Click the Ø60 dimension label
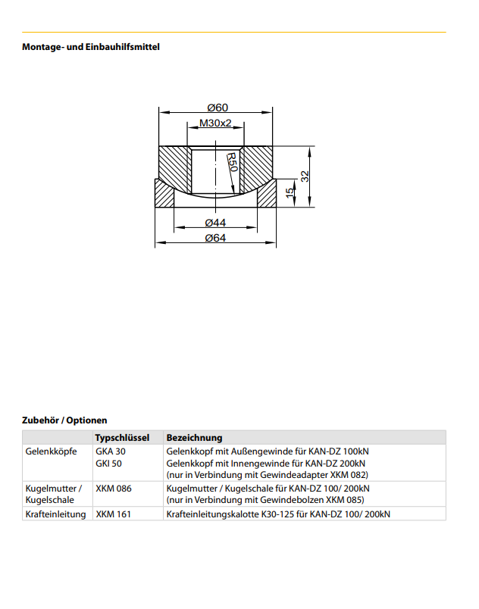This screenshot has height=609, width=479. tap(218, 108)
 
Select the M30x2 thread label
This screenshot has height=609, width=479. tap(215, 123)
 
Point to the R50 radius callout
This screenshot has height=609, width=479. tap(232, 162)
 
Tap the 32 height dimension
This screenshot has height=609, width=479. tap(305, 176)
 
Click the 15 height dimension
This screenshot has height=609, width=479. tap(290, 193)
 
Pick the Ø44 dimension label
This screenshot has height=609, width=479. tap(215, 223)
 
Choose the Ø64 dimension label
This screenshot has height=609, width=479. tap(215, 238)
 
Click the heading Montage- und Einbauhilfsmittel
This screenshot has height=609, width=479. tap(91, 47)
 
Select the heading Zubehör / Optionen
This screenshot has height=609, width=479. tap(64, 420)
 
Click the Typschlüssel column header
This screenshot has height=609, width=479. tap(122, 438)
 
